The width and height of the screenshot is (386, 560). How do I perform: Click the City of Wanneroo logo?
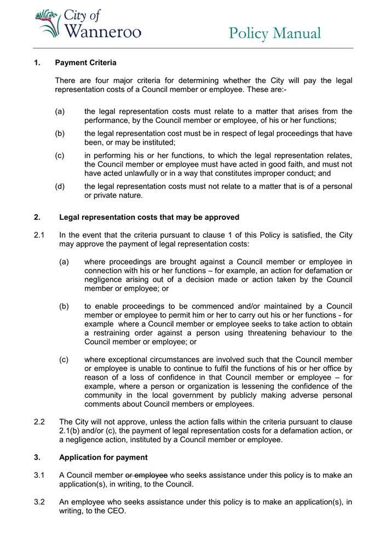(88, 24)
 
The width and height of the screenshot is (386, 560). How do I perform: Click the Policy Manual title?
(275, 33)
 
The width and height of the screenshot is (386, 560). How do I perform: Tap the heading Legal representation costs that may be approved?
(149, 218)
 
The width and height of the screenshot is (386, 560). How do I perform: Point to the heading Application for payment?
(103, 458)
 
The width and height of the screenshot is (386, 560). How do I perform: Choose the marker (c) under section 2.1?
(64, 359)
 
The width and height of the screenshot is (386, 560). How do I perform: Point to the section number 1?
(37, 63)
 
